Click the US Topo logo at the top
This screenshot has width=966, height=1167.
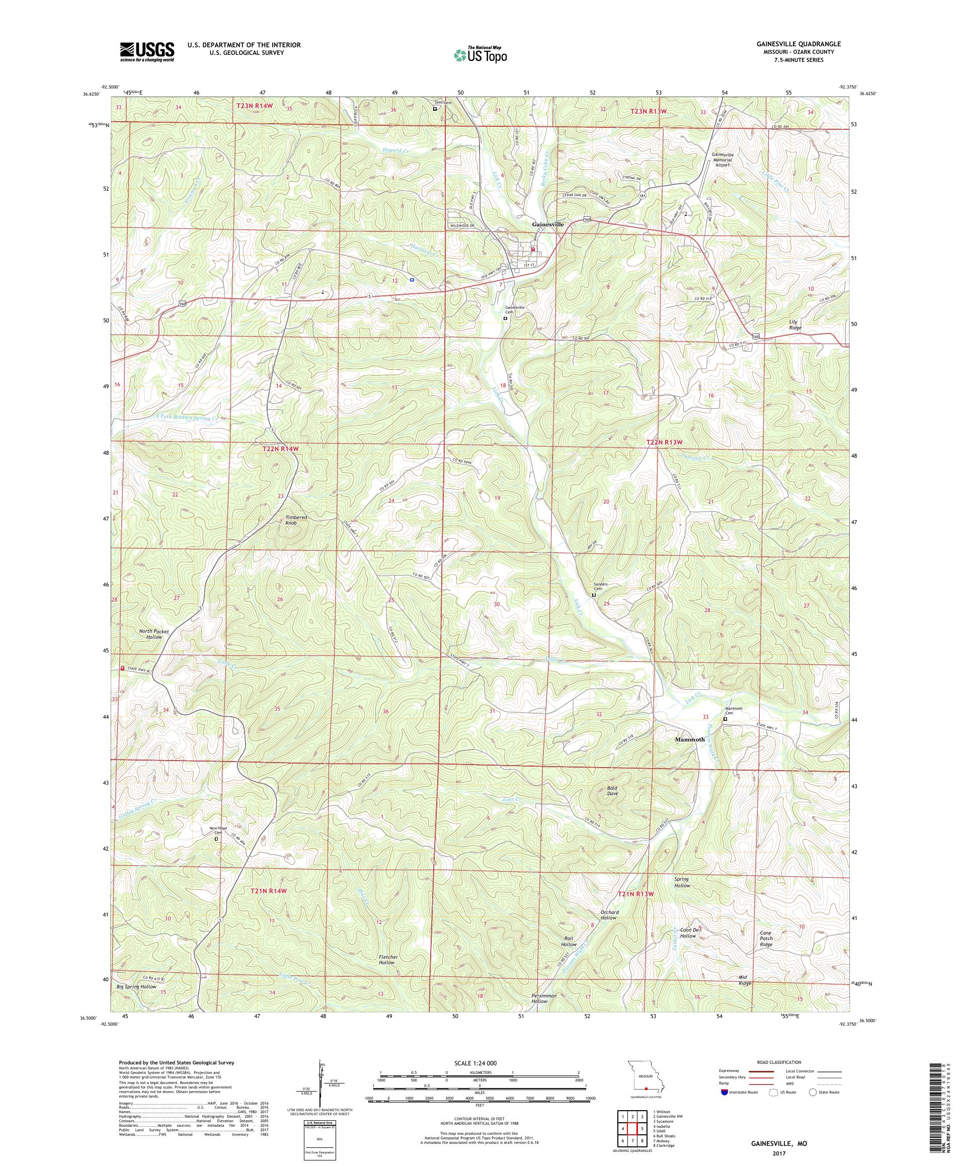pyautogui.click(x=481, y=54)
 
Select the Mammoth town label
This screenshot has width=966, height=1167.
pyautogui.click(x=689, y=739)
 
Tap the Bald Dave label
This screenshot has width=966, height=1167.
pyautogui.click(x=612, y=791)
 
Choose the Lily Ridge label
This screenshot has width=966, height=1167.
pyautogui.click(x=795, y=325)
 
